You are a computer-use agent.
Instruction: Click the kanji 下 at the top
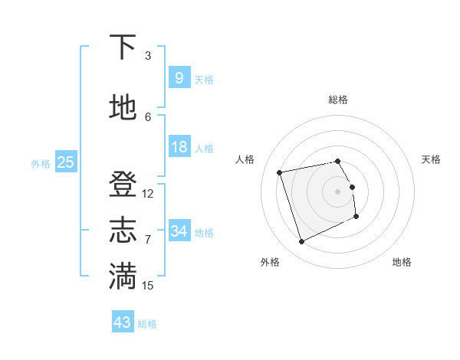123,47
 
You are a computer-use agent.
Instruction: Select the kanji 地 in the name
123,108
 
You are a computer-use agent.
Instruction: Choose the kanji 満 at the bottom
123,275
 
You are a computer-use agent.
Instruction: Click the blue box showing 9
179,77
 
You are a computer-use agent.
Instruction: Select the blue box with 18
179,147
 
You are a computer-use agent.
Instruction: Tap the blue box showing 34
179,231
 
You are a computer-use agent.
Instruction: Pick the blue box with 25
65,162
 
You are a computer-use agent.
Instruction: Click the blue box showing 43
122,322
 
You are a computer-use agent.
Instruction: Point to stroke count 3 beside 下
148,56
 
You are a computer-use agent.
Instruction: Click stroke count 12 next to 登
148,194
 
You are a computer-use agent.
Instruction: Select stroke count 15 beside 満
148,285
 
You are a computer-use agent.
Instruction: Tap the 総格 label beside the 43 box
147,324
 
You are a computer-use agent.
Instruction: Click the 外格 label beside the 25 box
41,163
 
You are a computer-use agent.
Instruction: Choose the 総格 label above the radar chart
337,100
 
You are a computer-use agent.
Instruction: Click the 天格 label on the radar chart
431,159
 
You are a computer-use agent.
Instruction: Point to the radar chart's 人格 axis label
245,159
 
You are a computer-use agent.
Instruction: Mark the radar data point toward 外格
301,242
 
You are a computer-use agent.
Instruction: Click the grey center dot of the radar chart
337,191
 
